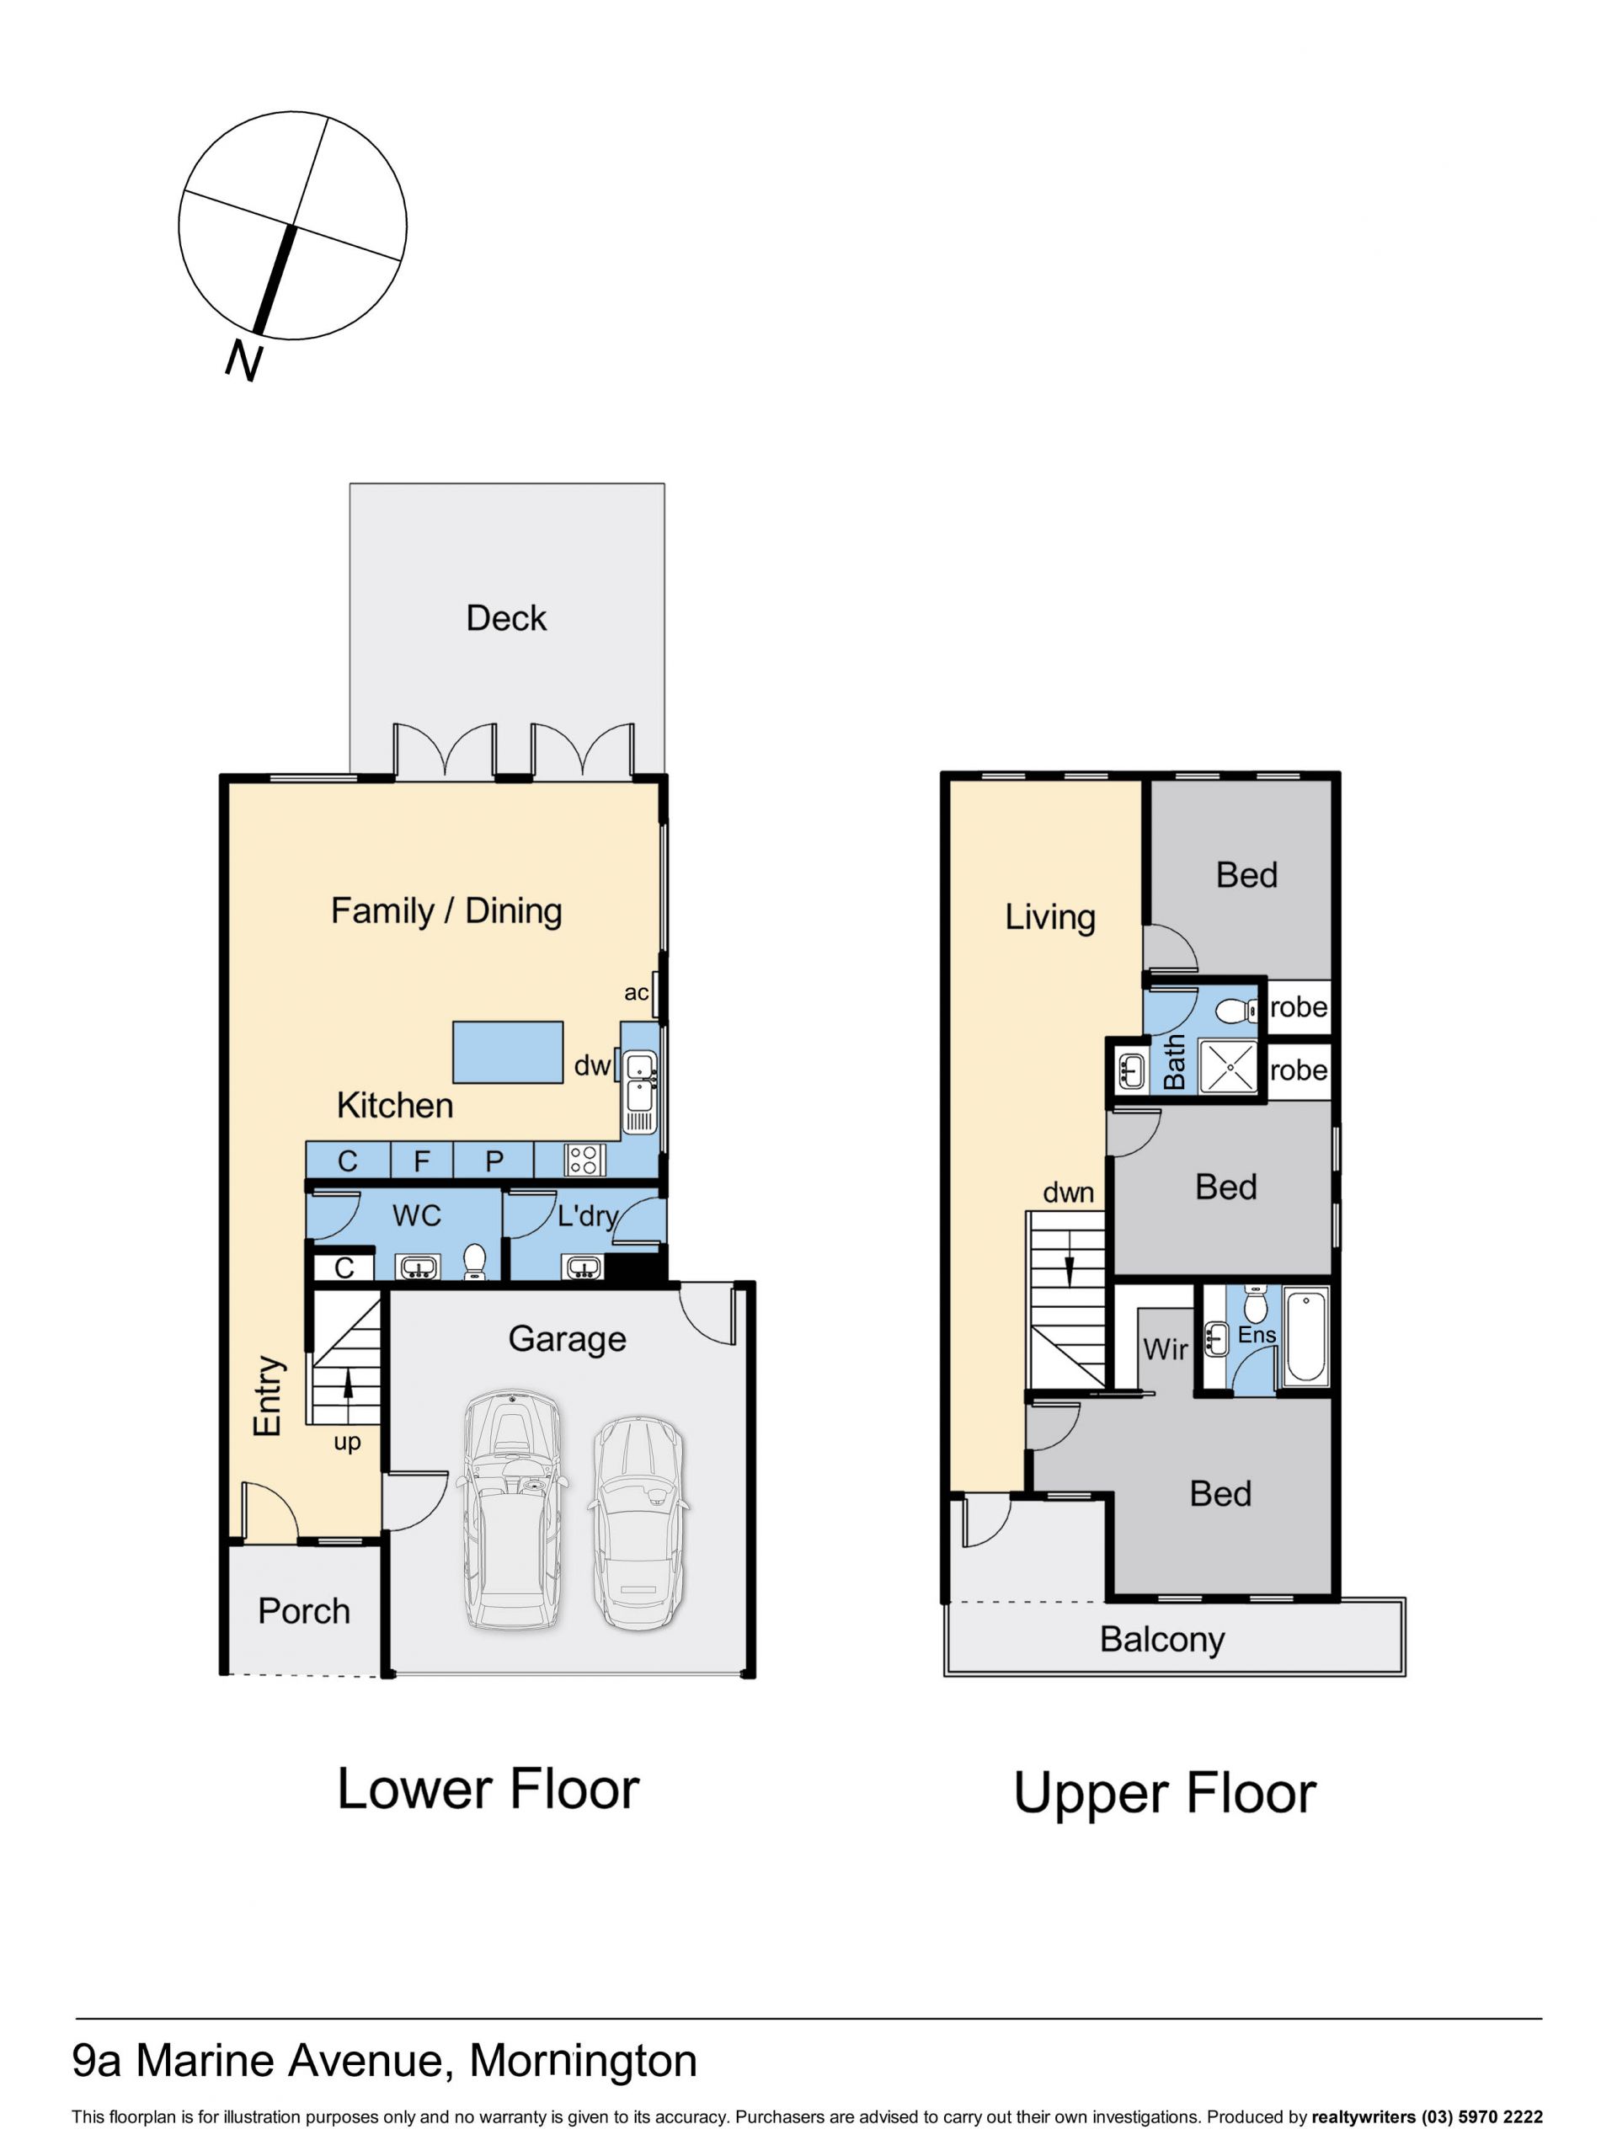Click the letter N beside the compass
pyautogui.click(x=244, y=360)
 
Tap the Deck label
pyautogui.click(x=506, y=618)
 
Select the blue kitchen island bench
pyautogui.click(x=508, y=1052)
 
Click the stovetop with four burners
pyautogui.click(x=584, y=1160)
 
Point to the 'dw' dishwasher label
pyautogui.click(x=591, y=1065)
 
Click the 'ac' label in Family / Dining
pyautogui.click(x=636, y=992)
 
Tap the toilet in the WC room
pyautogui.click(x=475, y=1260)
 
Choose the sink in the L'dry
pyautogui.click(x=582, y=1267)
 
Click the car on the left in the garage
pyautogui.click(x=512, y=1509)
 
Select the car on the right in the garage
pyautogui.click(x=638, y=1524)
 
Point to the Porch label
pyautogui.click(x=304, y=1611)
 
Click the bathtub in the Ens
pyautogui.click(x=1306, y=1337)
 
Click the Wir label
pyautogui.click(x=1165, y=1349)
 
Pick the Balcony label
pyautogui.click(x=1162, y=1640)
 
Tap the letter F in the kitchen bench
pyautogui.click(x=421, y=1161)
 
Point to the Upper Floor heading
pyautogui.click(x=1165, y=1792)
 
